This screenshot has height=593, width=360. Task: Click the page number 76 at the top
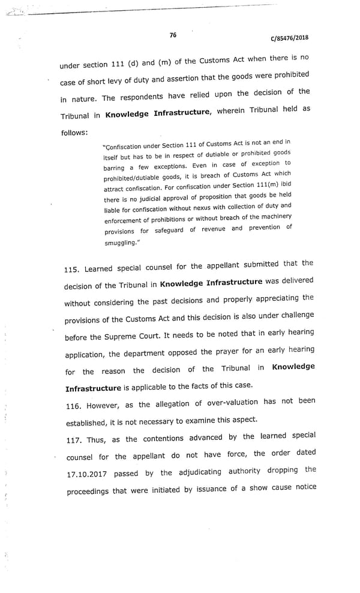coord(173,35)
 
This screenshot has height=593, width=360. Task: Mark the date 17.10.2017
coord(86,474)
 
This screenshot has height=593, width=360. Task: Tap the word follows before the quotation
coord(74,132)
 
